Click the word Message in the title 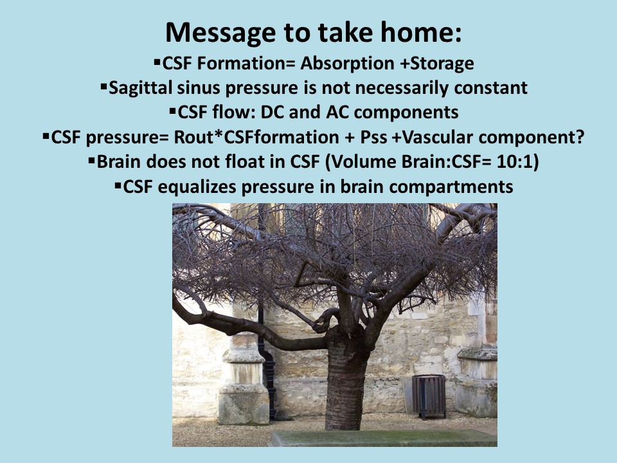(220, 33)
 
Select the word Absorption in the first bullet (348, 64)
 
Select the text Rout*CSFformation (256, 138)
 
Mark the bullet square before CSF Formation (157, 62)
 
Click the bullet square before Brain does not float (92, 160)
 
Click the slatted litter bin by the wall (429, 396)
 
